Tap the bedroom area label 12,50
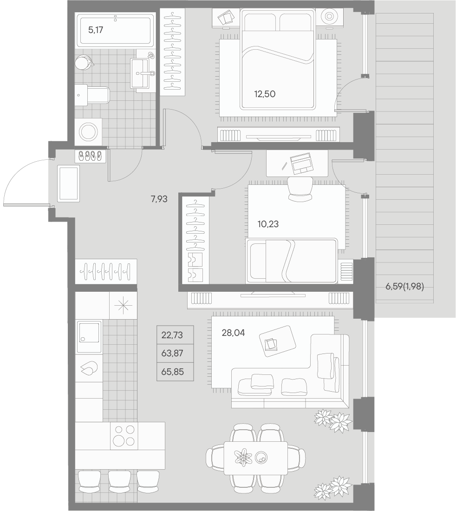pyautogui.click(x=265, y=94)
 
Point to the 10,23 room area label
pyautogui.click(x=268, y=224)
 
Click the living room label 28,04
pyautogui.click(x=233, y=333)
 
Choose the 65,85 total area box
pyautogui.click(x=175, y=372)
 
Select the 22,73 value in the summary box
pyautogui.click(x=175, y=335)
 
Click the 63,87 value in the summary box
pyautogui.click(x=175, y=354)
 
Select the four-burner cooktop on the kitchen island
pyautogui.click(x=124, y=435)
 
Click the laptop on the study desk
pyautogui.click(x=301, y=163)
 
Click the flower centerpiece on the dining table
pyautogui.click(x=243, y=457)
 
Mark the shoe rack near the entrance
pyautogui.click(x=91, y=156)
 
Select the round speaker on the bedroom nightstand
pyautogui.click(x=329, y=17)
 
